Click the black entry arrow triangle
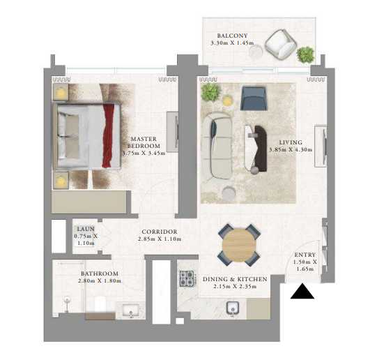302,292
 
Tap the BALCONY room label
232,36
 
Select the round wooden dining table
239,245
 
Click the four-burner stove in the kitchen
187,278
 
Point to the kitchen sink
233,308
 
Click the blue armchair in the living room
254,98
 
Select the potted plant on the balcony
305,55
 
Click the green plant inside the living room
211,91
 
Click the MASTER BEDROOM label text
144,142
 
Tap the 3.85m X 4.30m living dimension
291,149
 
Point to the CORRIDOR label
160,232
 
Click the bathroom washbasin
130,311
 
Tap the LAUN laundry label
86,229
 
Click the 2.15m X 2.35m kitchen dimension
235,286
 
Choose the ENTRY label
305,255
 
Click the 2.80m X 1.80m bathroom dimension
100,281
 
